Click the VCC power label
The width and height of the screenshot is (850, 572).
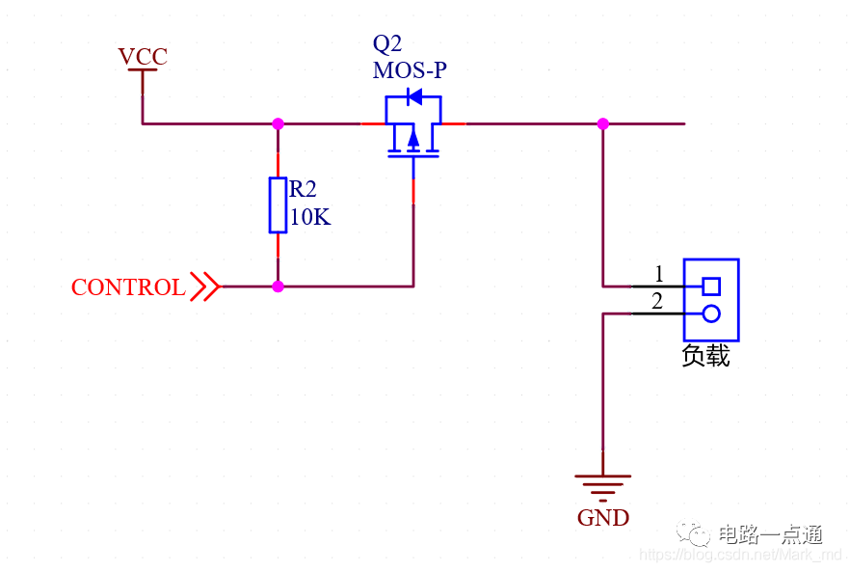(x=143, y=57)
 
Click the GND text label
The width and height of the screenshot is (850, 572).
(x=603, y=518)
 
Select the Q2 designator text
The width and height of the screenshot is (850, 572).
(x=386, y=44)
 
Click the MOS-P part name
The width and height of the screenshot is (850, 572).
(x=410, y=70)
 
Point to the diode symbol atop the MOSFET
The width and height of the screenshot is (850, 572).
(x=414, y=96)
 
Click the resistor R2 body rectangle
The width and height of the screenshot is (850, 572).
(x=279, y=204)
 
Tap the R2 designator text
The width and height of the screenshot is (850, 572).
(x=304, y=189)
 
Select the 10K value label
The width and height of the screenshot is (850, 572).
(x=309, y=218)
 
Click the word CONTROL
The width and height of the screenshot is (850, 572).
(x=128, y=287)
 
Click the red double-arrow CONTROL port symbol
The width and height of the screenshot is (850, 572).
(x=204, y=286)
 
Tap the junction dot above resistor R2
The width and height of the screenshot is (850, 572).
(x=279, y=123)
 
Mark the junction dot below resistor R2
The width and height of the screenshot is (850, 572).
(x=279, y=286)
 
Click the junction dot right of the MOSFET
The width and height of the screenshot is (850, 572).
(x=603, y=123)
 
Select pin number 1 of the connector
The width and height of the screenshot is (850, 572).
(x=659, y=273)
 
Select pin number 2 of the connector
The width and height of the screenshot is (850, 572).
(x=657, y=301)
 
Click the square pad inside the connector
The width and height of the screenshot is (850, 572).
(x=711, y=286)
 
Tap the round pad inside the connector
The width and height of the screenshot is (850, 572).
(x=711, y=313)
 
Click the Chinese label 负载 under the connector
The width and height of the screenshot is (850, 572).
(x=705, y=356)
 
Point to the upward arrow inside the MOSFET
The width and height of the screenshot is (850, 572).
(x=413, y=141)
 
